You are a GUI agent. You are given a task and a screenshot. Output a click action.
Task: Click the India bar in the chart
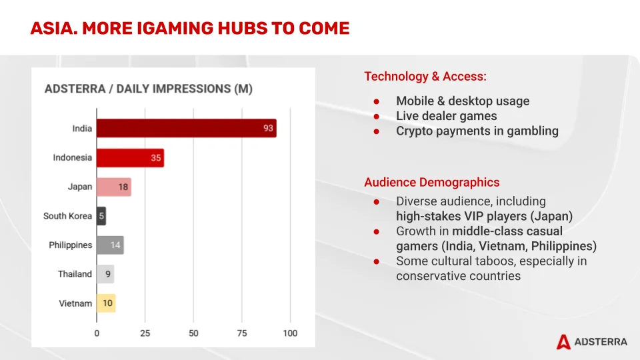click(x=186, y=129)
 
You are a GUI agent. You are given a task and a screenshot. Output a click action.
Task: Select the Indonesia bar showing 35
click(x=130, y=158)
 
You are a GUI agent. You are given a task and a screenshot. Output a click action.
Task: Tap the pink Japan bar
click(x=113, y=187)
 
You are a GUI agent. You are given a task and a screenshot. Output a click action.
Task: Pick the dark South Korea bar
click(x=101, y=216)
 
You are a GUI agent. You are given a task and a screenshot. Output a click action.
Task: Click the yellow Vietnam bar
click(x=106, y=303)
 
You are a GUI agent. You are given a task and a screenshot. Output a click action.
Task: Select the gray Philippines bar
click(x=110, y=245)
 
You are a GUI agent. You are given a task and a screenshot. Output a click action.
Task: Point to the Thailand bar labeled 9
click(x=105, y=274)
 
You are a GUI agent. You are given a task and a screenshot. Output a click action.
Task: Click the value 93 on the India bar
click(x=268, y=129)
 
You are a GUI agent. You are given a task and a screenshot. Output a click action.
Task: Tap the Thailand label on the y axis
click(x=75, y=274)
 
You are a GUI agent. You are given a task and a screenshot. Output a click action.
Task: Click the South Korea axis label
click(x=67, y=216)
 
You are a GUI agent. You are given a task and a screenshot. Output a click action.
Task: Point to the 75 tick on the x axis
click(x=242, y=333)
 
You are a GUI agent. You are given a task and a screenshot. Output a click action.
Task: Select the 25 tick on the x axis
click(x=145, y=333)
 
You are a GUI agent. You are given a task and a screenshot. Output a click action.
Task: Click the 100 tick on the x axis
click(x=289, y=333)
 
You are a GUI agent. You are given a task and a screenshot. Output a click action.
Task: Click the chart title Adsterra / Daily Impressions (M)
click(x=148, y=89)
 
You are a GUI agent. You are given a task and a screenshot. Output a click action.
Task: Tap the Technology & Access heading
click(x=425, y=77)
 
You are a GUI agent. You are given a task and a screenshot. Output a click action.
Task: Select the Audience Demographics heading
click(x=431, y=183)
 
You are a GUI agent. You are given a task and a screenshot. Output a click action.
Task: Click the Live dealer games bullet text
click(x=446, y=116)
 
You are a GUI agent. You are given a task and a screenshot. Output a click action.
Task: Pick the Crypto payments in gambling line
click(x=477, y=131)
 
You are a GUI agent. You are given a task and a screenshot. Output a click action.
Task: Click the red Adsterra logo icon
click(x=563, y=341)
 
